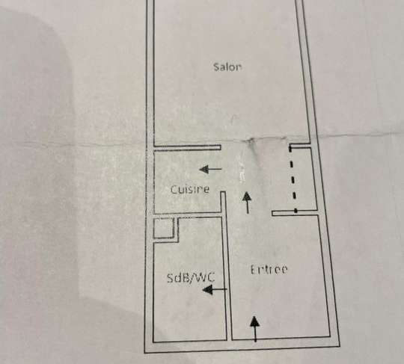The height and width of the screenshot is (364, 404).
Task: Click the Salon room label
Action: (x=227, y=67)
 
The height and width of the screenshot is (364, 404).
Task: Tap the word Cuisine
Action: (x=190, y=189)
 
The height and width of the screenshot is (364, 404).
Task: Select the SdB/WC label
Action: (x=191, y=278)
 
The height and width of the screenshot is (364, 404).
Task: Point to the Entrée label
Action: (x=269, y=270)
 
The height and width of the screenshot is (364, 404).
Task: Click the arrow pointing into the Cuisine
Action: (x=210, y=170)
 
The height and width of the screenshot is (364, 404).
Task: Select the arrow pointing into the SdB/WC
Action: (x=215, y=289)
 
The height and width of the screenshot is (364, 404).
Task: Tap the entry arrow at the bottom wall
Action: (x=255, y=329)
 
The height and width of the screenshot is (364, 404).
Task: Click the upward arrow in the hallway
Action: (x=248, y=203)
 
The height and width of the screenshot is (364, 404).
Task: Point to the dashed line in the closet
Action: (x=293, y=179)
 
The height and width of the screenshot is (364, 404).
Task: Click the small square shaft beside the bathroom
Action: (x=163, y=228)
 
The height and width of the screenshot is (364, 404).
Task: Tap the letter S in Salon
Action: (x=216, y=67)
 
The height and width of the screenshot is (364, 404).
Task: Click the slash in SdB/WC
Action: (x=192, y=278)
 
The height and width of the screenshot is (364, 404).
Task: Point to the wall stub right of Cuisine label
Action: (x=224, y=202)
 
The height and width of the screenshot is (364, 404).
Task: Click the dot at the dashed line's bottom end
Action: (x=296, y=211)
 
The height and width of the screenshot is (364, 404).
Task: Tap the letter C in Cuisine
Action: (x=173, y=190)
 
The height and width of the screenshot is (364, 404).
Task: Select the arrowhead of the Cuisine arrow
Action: (x=203, y=170)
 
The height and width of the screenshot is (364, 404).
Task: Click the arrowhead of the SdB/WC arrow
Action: (x=208, y=290)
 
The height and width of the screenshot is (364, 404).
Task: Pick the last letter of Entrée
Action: (x=284, y=270)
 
